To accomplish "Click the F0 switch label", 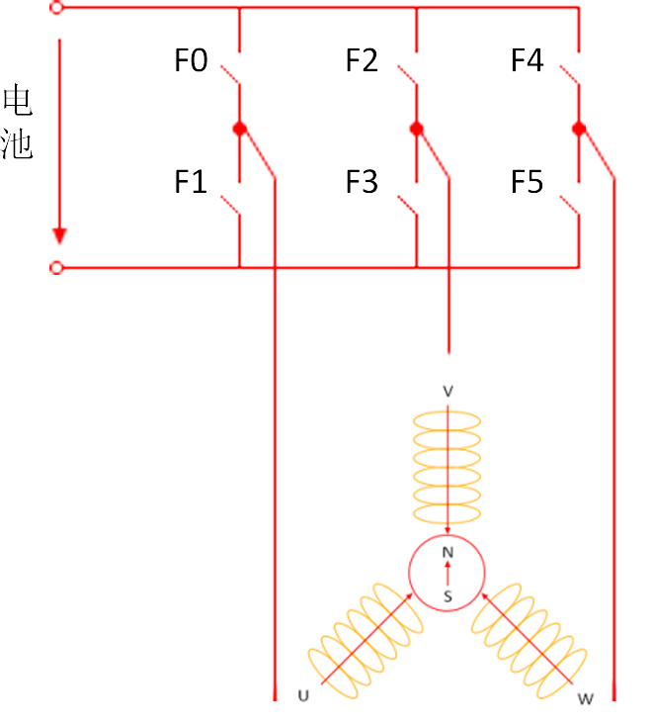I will pyautogui.click(x=192, y=61).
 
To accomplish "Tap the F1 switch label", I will pyautogui.click(x=192, y=182).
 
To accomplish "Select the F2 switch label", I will pyautogui.click(x=362, y=61).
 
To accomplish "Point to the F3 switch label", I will pyautogui.click(x=362, y=182).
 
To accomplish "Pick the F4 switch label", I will pyautogui.click(x=527, y=61).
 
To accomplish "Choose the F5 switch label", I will pyautogui.click(x=527, y=182).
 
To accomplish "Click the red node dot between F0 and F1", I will pyautogui.click(x=239, y=129).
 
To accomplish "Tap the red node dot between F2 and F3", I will pyautogui.click(x=416, y=129).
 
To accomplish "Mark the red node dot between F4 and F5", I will pyautogui.click(x=579, y=129).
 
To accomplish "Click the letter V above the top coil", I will pyautogui.click(x=448, y=392).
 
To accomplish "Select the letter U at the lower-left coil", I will pyautogui.click(x=302, y=696).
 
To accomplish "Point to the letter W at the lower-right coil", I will pyautogui.click(x=586, y=699).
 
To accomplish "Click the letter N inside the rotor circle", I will pyautogui.click(x=448, y=552).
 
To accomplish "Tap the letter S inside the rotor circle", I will pyautogui.click(x=448, y=595).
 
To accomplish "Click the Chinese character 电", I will pyautogui.click(x=18, y=101).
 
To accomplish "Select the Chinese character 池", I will pyautogui.click(x=18, y=144).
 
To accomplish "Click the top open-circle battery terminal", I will pyautogui.click(x=56, y=8).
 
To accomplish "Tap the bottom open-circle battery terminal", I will pyautogui.click(x=56, y=267).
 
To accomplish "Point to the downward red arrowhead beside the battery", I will pyautogui.click(x=60, y=235).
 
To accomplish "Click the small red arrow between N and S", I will pyautogui.click(x=448, y=573).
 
